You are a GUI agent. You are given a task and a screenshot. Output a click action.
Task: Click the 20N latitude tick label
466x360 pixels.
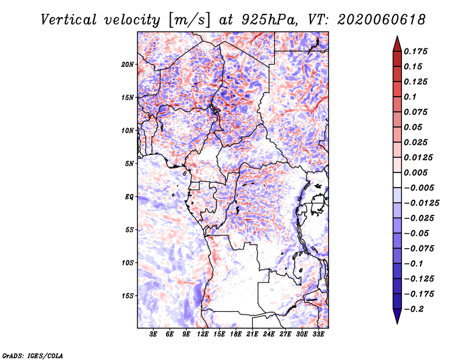click(x=128, y=65)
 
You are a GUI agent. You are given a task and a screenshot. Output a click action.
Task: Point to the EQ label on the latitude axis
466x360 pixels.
click(x=129, y=197)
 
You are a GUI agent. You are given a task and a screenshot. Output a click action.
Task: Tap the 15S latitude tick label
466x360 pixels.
click(x=128, y=296)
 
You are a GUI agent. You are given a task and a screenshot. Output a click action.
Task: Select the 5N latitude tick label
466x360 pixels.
click(x=129, y=164)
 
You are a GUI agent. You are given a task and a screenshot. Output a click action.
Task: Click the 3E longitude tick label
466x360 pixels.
click(x=153, y=334)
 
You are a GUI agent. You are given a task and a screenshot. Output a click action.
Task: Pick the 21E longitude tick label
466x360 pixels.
click(x=252, y=334)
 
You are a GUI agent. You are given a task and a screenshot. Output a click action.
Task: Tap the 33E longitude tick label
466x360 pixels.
click(x=318, y=334)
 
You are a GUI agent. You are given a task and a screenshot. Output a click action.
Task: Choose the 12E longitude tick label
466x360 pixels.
click(x=203, y=334)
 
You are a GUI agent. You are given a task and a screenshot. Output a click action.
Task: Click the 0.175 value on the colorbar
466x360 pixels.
click(x=415, y=51)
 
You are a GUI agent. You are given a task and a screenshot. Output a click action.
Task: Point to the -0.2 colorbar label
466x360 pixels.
click(x=414, y=309)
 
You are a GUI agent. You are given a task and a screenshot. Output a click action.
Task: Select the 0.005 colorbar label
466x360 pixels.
click(x=415, y=172)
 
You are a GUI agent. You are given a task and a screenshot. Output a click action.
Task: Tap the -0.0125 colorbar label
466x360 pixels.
click(x=421, y=203)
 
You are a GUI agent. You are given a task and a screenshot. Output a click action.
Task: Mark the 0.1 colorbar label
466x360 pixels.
click(x=410, y=97)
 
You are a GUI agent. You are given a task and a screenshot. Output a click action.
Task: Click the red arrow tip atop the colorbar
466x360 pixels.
click(x=397, y=36)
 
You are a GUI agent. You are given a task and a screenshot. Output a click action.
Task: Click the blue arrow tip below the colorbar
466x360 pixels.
click(x=397, y=323)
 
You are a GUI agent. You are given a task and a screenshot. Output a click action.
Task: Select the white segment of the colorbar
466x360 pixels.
click(x=397, y=180)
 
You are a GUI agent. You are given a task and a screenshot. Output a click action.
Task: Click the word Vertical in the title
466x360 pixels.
click(x=69, y=20)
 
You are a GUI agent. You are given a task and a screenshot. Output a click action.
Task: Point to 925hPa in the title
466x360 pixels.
click(x=269, y=20)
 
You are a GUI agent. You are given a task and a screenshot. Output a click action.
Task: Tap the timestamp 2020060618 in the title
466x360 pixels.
click(x=381, y=20)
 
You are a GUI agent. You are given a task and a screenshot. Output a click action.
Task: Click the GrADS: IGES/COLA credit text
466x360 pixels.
click(x=33, y=356)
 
